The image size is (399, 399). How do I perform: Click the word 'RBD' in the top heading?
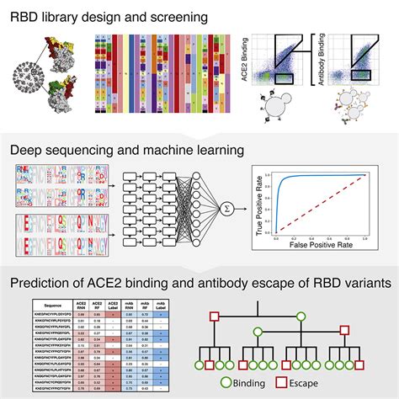[x=26, y=14]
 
